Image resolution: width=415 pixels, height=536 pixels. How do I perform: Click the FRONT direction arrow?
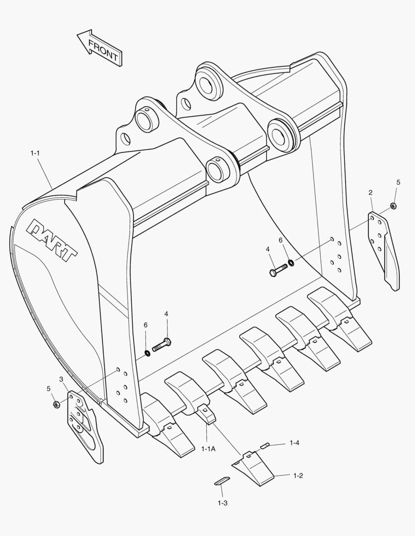(99, 47)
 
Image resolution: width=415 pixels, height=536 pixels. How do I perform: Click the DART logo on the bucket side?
(52, 240)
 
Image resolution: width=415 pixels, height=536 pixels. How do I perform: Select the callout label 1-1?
(35, 154)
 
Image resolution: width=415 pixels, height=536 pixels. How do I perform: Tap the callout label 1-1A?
(208, 449)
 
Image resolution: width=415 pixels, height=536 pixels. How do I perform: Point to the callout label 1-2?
(298, 475)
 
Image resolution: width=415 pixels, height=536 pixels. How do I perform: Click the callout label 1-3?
(222, 503)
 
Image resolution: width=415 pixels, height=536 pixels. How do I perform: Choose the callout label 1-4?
(294, 442)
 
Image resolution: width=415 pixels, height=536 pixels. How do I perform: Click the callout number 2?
(370, 192)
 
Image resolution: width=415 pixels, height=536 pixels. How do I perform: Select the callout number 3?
(61, 379)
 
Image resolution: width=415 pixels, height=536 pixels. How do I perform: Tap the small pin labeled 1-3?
(222, 480)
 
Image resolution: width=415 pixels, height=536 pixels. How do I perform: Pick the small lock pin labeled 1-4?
(265, 445)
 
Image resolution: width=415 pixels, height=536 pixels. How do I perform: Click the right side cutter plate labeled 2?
(384, 248)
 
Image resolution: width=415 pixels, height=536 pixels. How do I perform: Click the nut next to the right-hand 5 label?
(393, 205)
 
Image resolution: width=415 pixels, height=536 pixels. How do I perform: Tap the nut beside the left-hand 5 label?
(56, 404)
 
